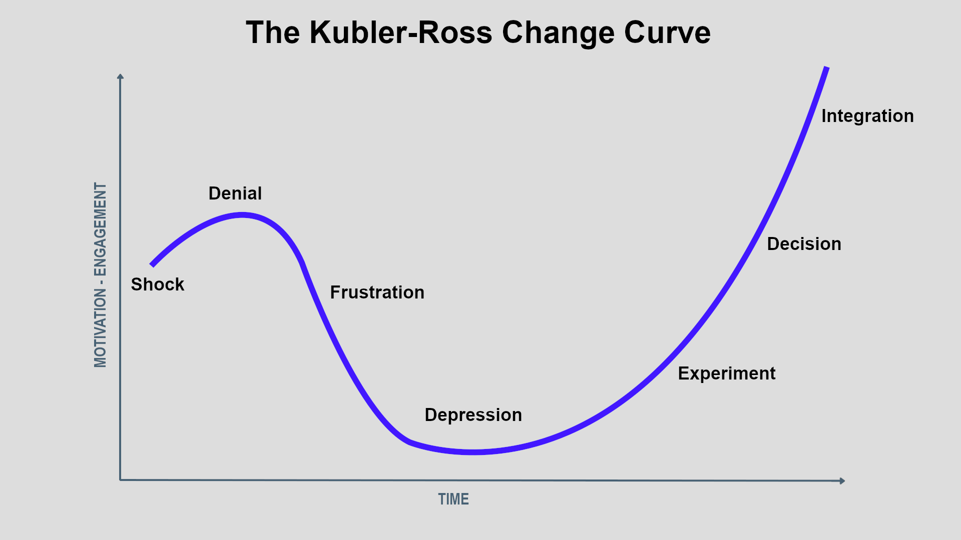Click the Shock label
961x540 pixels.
(158, 284)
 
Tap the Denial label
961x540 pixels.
(235, 193)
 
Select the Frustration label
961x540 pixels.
(377, 292)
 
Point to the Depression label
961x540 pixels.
(473, 415)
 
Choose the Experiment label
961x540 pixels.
(727, 374)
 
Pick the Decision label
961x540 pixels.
(804, 244)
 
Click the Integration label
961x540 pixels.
(868, 116)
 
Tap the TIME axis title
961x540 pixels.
(453, 499)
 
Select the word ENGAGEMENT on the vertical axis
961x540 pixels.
(101, 229)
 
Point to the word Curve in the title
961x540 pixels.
(667, 33)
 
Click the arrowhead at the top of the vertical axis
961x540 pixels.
(120, 76)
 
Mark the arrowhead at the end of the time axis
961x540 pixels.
(843, 481)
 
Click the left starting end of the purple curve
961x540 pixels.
(152, 265)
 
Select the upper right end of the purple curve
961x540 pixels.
(827, 67)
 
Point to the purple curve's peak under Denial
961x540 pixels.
(242, 215)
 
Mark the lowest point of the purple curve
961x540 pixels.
(473, 452)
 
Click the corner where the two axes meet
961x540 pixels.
(120, 480)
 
